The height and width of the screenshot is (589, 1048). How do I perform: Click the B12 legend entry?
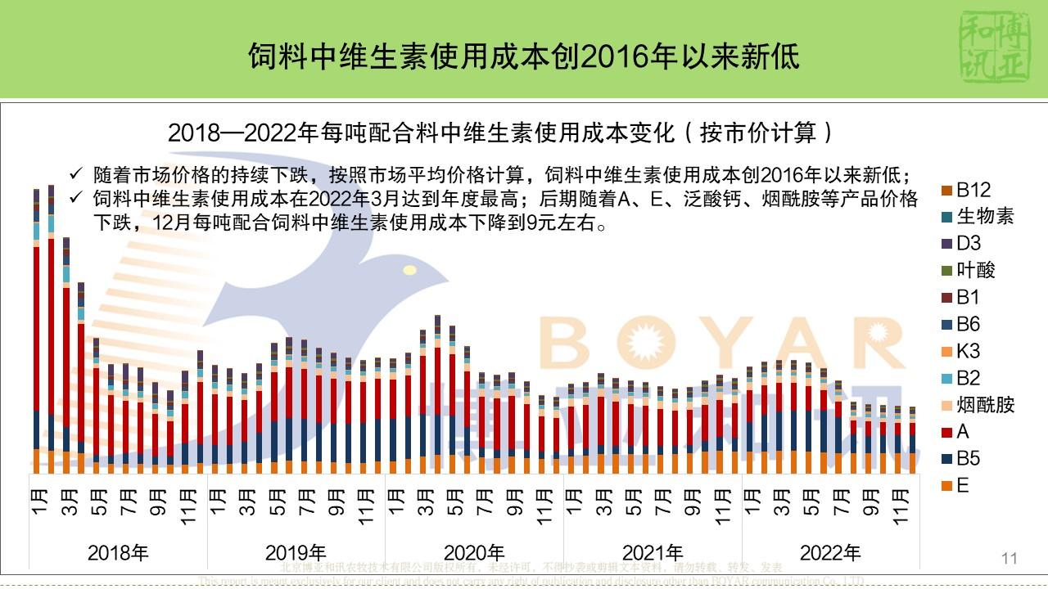(973, 190)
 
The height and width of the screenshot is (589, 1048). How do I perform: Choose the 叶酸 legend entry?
(976, 271)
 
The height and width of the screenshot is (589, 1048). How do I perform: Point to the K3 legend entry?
(968, 351)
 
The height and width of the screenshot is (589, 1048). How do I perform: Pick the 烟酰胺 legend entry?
(985, 405)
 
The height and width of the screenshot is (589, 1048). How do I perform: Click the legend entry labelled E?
(962, 486)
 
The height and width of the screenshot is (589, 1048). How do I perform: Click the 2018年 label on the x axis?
(118, 553)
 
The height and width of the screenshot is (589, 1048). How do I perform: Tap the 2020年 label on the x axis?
(474, 553)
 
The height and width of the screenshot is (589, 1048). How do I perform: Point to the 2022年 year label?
(830, 553)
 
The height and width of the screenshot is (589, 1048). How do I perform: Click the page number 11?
(1009, 559)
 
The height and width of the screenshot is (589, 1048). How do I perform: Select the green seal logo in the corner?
(989, 47)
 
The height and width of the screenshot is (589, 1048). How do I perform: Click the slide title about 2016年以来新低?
(524, 57)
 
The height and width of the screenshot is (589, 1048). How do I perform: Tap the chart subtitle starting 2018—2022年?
(500, 133)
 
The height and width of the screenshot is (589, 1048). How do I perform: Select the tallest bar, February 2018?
(52, 327)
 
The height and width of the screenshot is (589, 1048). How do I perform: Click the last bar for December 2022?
(913, 442)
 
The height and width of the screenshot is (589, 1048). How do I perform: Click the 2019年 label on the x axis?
(296, 553)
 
